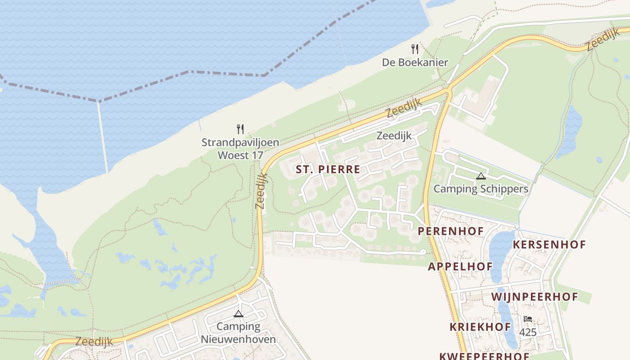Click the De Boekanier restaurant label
coord(415,63)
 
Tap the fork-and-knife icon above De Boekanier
coord(415,49)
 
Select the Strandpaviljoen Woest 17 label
coord(240,149)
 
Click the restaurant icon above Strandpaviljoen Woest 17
coord(240,129)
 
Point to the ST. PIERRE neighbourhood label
coord(328,170)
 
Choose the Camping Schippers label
coord(481,189)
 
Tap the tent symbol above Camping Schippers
coord(481,176)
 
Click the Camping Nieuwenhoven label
coord(238,333)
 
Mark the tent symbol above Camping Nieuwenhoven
coord(238,314)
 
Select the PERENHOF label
coord(450,231)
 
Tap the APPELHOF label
coord(460,266)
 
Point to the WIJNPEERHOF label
coord(534,297)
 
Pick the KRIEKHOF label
coord(480,327)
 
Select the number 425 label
coord(528,333)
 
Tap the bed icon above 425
coord(528,319)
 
